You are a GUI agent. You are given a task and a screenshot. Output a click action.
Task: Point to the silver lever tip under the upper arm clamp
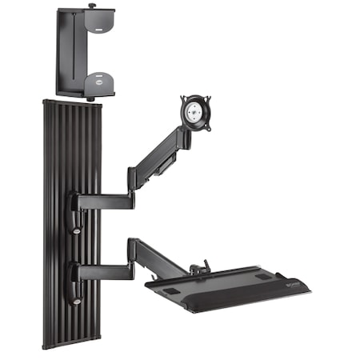click(x=76, y=231)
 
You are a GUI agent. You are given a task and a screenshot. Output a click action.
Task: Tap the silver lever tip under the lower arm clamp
click(x=76, y=302)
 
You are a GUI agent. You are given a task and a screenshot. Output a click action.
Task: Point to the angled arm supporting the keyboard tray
click(x=160, y=255)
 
